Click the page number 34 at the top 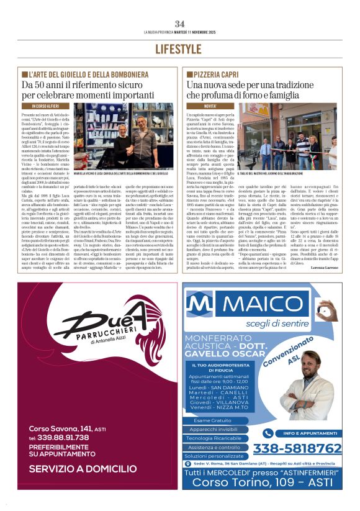pyautogui.click(x=179, y=23)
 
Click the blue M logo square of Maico pyautogui.click(x=201, y=305)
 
